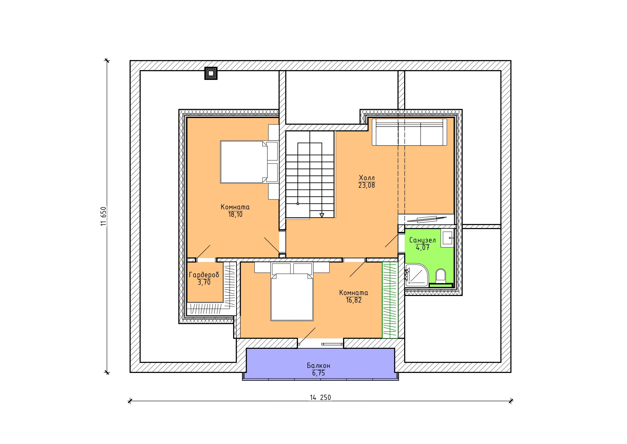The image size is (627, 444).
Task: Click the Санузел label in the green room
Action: click(423, 240)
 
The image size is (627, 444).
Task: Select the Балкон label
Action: click(319, 366)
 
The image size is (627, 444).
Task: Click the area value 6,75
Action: click(319, 373)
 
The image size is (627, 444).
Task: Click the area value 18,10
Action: click(235, 214)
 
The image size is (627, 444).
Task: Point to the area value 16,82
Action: click(354, 300)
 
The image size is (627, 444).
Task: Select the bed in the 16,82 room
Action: click(292, 292)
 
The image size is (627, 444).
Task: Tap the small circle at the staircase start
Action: click(298, 204)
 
